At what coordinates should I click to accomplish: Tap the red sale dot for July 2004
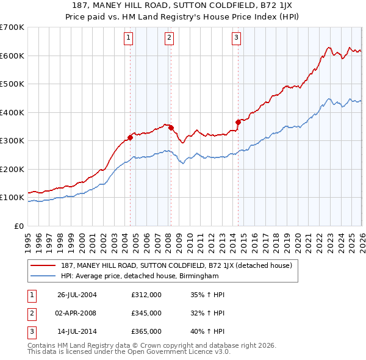click(x=131, y=137)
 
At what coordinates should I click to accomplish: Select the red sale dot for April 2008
click(x=171, y=128)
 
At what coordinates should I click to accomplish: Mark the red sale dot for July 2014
click(x=239, y=122)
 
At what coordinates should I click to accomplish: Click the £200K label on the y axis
click(x=12, y=169)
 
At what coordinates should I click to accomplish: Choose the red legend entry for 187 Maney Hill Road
click(x=177, y=266)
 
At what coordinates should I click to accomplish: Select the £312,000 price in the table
click(x=146, y=294)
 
